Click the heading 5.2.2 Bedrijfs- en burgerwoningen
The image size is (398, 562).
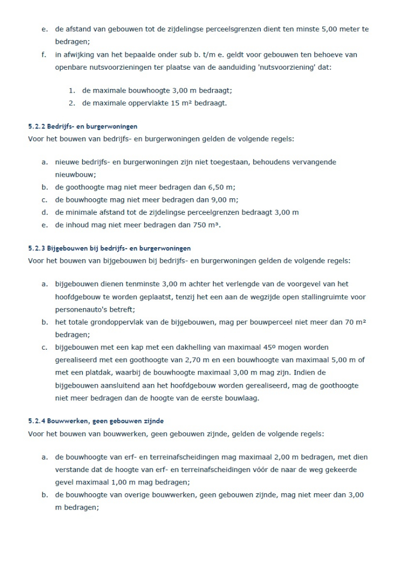point(82,126)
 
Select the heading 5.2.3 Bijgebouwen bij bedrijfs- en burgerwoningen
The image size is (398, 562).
point(109,248)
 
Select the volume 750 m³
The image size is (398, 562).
point(205,225)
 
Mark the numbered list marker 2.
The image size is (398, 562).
point(72,103)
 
